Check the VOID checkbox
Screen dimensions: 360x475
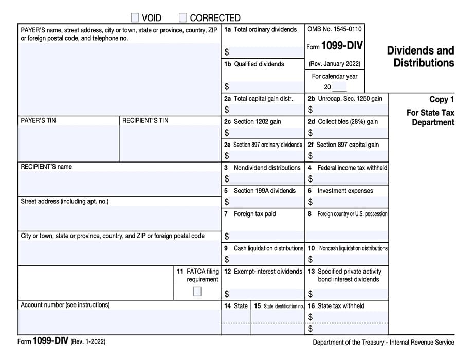[135, 18]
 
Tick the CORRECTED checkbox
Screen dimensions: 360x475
[183, 18]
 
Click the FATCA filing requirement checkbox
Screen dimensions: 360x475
[197, 292]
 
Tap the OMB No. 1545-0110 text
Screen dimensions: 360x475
[334, 29]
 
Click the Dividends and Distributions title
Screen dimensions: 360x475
[420, 57]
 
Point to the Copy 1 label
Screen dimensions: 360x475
[442, 100]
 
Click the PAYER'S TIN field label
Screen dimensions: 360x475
[39, 121]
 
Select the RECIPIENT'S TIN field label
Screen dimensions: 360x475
[145, 121]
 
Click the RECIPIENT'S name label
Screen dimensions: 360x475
[46, 167]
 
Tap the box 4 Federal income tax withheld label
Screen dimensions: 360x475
[348, 168]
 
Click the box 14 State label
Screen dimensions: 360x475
[236, 306]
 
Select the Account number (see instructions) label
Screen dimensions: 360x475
[65, 305]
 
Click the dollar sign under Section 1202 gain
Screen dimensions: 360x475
[227, 133]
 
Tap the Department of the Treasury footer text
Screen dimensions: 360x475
[383, 343]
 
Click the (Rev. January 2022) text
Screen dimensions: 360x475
[334, 64]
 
